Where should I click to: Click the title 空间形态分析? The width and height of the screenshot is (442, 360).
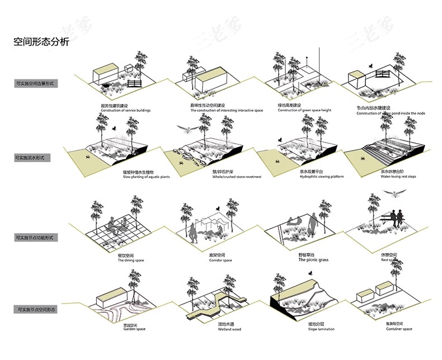point(41,42)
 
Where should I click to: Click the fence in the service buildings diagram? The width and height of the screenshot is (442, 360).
point(134,83)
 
